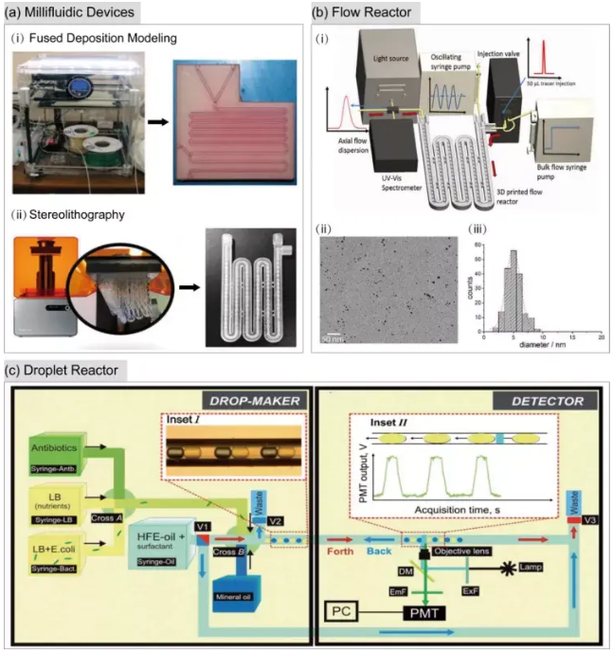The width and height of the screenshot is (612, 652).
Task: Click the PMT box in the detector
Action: point(420,614)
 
